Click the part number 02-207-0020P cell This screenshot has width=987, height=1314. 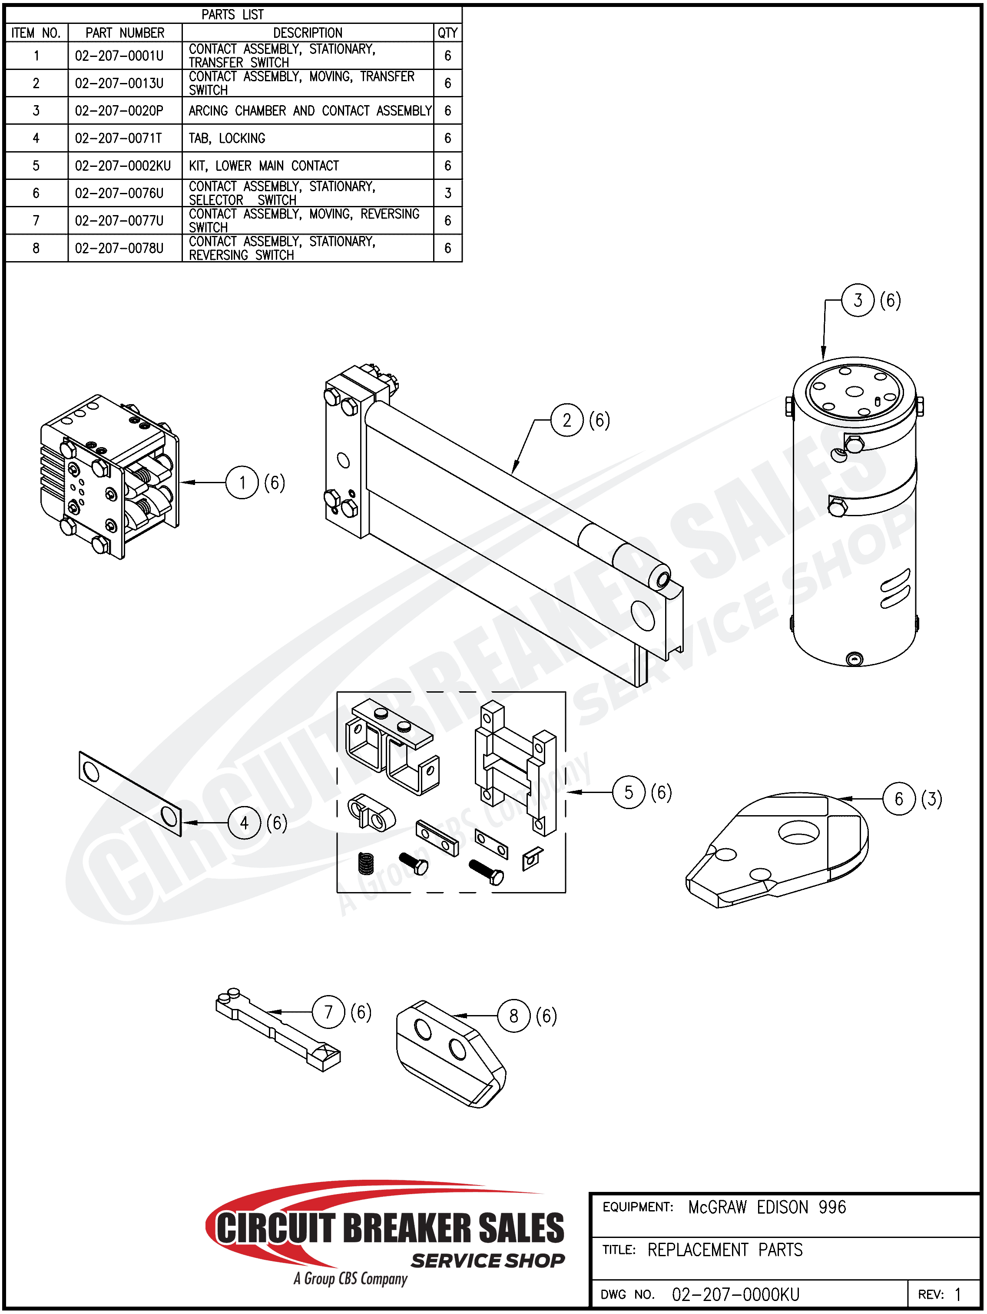point(119,111)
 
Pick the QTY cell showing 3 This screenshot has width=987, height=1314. point(448,193)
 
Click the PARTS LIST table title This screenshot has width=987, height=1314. point(232,14)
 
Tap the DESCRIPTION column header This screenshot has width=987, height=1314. point(308,33)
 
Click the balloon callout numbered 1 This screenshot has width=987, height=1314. point(242,483)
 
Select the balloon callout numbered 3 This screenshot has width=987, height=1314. point(858,301)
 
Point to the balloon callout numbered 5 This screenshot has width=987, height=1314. point(628,793)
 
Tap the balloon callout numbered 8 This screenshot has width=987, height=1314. point(513,1016)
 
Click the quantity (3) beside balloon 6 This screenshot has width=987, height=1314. point(931,799)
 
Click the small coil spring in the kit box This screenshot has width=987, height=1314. point(366,864)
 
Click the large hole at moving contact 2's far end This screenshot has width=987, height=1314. point(643,615)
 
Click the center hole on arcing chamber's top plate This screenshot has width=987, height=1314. point(854,392)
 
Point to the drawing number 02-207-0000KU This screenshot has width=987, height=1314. point(735,1294)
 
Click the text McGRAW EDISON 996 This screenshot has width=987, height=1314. point(767,1207)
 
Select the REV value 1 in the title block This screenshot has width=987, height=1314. point(957,1294)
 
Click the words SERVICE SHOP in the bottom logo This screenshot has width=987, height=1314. point(487,1261)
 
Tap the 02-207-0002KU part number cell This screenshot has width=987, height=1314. point(123,166)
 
